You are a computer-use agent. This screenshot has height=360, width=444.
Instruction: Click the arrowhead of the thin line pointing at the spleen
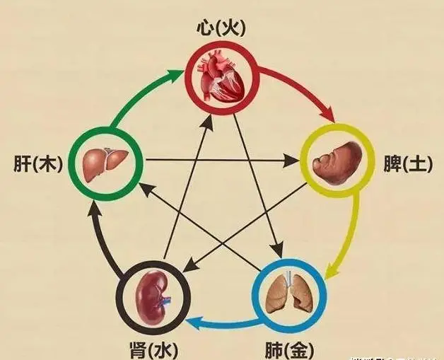point(292,161)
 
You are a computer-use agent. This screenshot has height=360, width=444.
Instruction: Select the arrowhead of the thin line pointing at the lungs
point(276,250)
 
